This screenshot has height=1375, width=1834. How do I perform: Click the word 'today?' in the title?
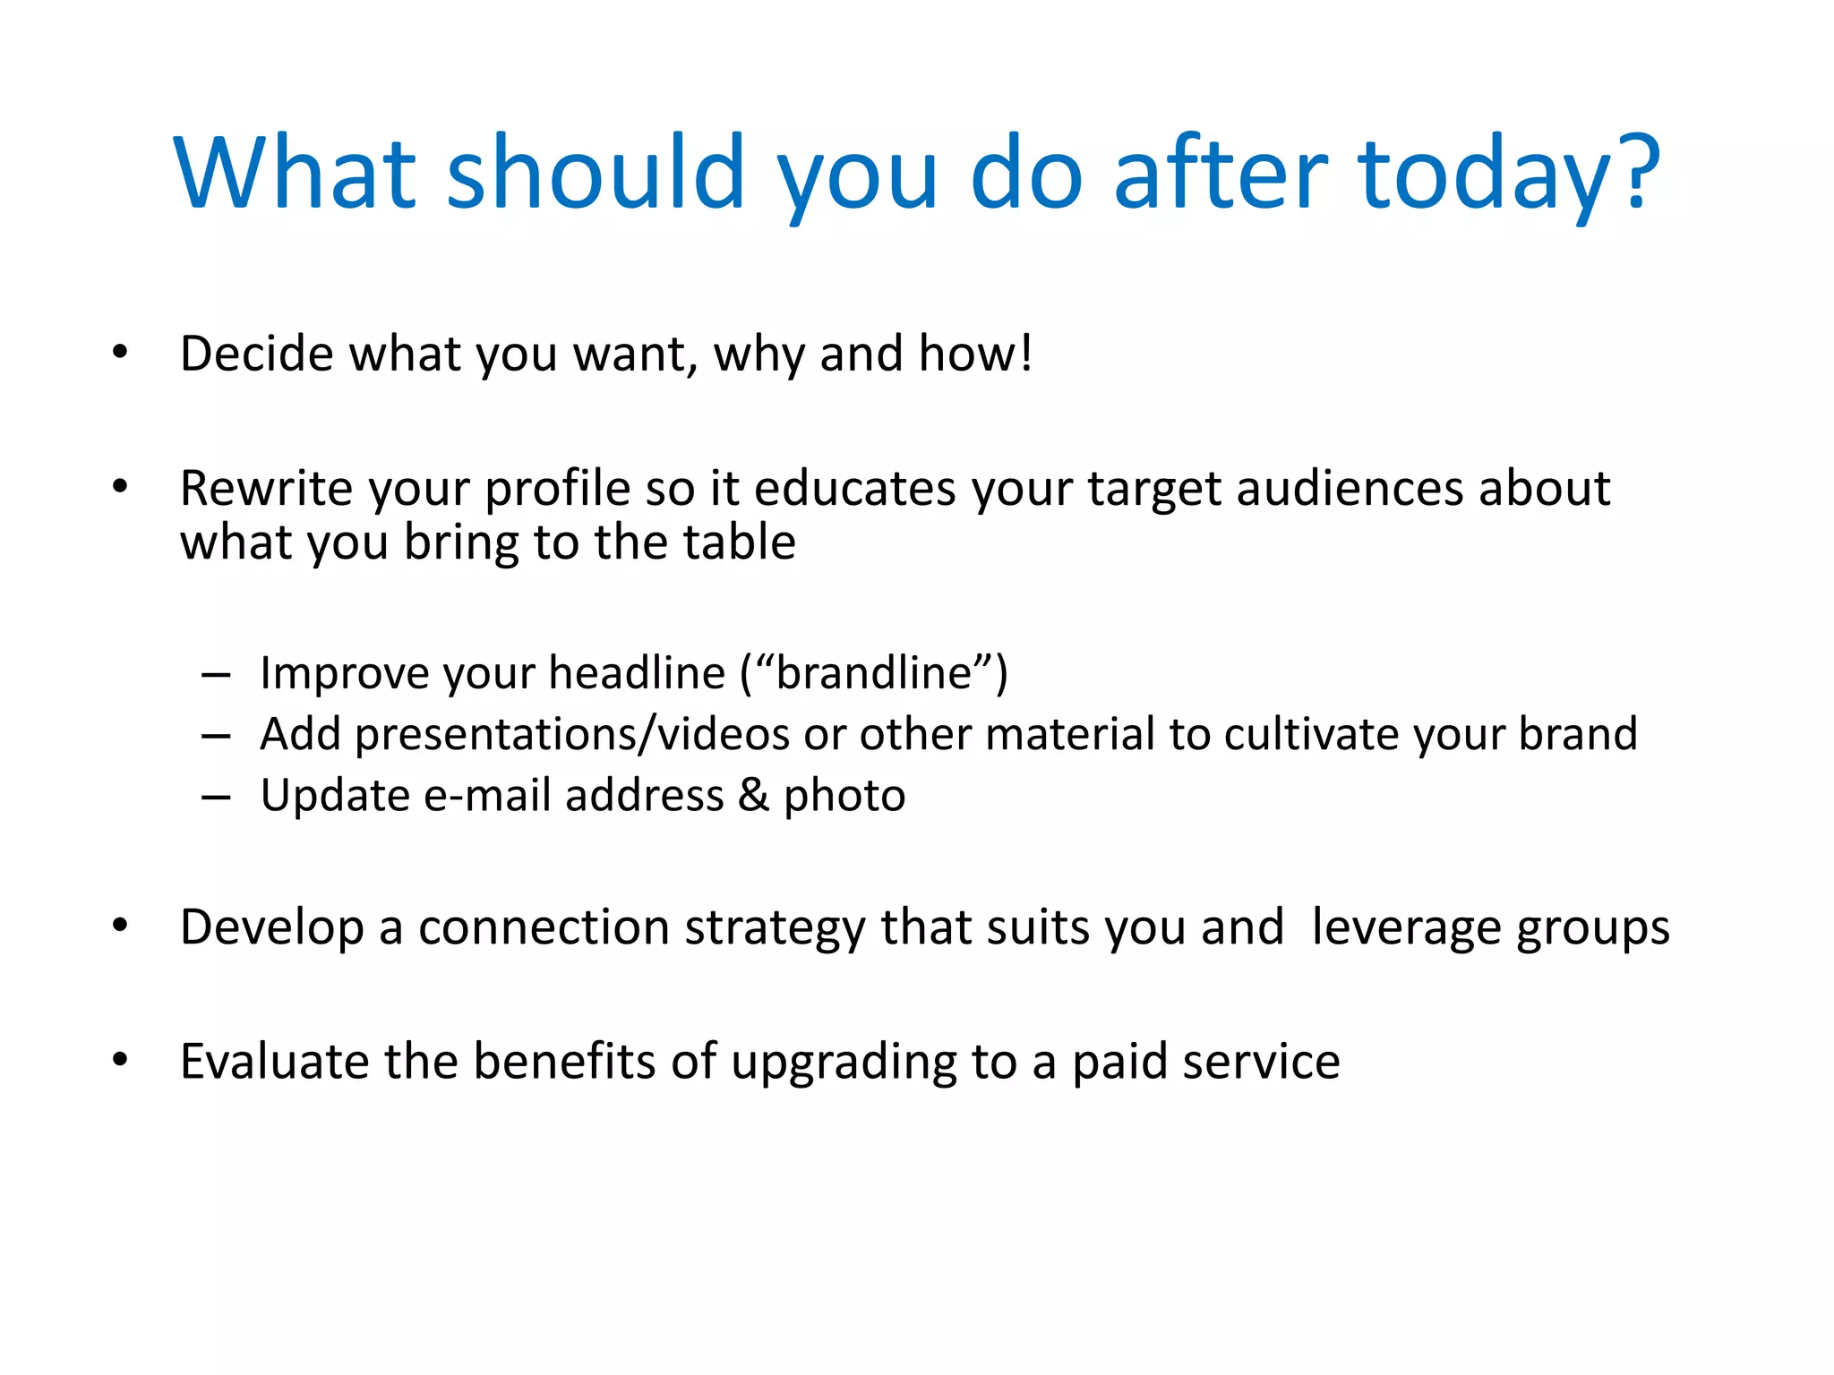(x=1508, y=175)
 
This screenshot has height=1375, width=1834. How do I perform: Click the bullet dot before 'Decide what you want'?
(x=120, y=352)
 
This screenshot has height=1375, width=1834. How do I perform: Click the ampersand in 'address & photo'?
(x=753, y=795)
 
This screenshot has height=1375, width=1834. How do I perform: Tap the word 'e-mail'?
(x=486, y=795)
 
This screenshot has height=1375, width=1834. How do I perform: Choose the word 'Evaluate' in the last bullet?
(x=274, y=1062)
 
